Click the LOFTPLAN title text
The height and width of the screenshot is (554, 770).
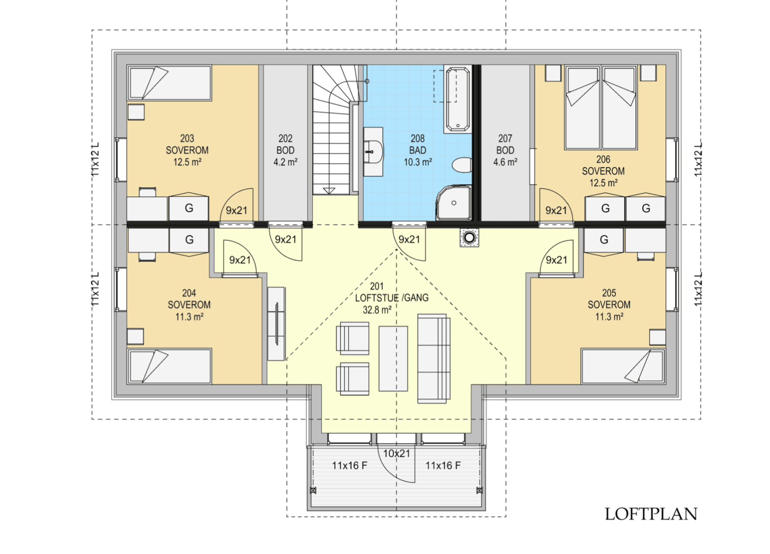[x=651, y=514]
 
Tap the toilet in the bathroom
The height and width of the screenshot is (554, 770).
[x=461, y=165]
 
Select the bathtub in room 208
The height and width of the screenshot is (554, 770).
[x=457, y=99]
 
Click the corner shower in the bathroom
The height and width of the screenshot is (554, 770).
[x=454, y=203]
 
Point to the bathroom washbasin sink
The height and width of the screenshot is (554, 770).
[x=374, y=152]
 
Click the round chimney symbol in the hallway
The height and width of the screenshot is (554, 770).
[x=469, y=237]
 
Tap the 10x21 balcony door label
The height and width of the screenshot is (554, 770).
[x=397, y=453]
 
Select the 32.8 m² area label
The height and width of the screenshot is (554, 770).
[x=377, y=310]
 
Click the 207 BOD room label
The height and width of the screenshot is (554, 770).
[x=505, y=144]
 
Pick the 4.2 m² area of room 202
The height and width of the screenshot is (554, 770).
[x=285, y=162]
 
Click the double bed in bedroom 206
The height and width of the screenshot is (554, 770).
[x=601, y=107]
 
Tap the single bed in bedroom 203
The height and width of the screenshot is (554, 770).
[x=169, y=83]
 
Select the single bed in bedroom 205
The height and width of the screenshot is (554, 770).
[x=623, y=366]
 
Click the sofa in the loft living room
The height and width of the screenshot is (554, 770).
[x=434, y=358]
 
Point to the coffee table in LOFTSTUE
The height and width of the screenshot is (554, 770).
[x=393, y=359]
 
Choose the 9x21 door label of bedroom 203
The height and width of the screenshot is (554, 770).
[x=237, y=210]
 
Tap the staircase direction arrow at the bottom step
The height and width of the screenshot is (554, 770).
[x=329, y=191]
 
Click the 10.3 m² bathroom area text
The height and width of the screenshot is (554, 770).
[x=418, y=162]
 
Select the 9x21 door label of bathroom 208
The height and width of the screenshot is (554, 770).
[x=409, y=239]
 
